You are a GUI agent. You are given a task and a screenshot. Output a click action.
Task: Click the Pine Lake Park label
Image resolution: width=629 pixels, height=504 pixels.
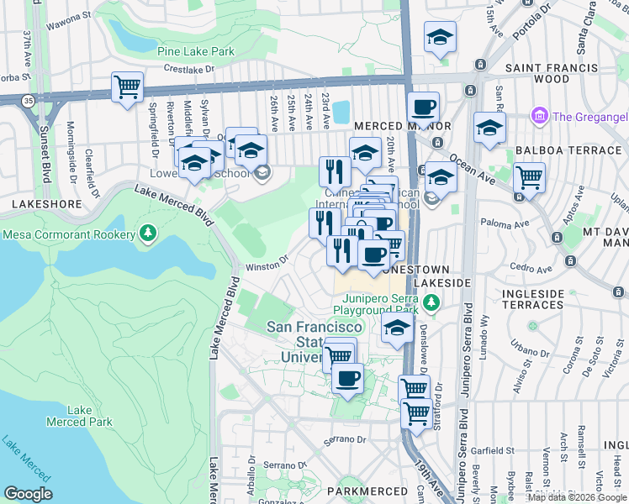(x=196, y=51)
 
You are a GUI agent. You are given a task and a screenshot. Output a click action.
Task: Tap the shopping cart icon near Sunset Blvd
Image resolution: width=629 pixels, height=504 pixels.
(x=127, y=87)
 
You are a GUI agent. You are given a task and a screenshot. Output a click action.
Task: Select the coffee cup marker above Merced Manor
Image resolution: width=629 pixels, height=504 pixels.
(x=423, y=108)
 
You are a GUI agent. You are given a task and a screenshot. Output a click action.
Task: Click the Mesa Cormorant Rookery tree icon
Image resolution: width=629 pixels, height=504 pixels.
(x=149, y=232)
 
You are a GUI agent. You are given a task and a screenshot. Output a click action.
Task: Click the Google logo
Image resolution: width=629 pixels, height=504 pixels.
(x=28, y=494)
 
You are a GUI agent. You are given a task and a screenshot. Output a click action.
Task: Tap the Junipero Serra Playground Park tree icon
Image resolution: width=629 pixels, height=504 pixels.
(x=431, y=302)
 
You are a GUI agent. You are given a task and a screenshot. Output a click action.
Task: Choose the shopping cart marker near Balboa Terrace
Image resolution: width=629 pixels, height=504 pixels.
(x=529, y=177)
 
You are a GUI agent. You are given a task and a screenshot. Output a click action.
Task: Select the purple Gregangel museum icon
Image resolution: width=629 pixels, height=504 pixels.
(x=539, y=115)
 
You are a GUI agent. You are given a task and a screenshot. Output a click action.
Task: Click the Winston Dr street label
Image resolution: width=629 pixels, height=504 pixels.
(x=267, y=268)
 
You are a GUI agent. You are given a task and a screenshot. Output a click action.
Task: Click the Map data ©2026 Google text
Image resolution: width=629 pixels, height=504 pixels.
(x=577, y=497)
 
